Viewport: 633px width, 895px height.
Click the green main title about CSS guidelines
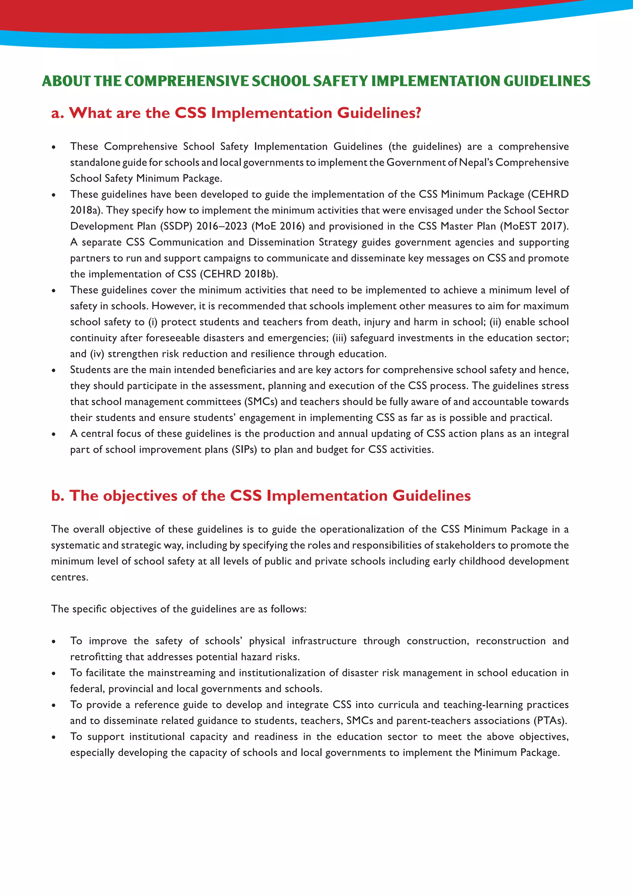coord(316,81)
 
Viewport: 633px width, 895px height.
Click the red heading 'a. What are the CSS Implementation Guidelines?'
coord(236,113)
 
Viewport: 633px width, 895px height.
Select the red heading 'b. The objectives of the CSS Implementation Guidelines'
coord(261,495)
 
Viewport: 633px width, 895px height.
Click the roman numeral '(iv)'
coord(97,354)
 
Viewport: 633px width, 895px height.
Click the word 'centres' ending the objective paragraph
coord(69,577)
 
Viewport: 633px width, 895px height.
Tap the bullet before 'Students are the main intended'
coord(54,370)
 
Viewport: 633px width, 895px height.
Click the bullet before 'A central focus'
coord(54,434)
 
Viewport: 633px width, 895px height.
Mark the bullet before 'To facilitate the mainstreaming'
coord(54,673)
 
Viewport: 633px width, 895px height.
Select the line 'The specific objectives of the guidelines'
coord(179,609)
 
